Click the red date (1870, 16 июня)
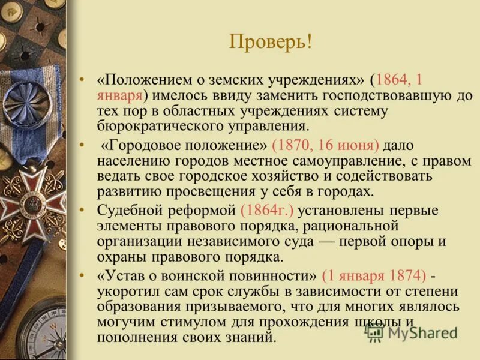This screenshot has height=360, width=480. click(325, 146)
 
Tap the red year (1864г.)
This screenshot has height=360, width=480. click(266, 211)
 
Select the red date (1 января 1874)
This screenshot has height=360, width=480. click(374, 277)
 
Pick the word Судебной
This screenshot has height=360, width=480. click(130, 211)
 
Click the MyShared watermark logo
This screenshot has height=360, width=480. click(412, 331)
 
